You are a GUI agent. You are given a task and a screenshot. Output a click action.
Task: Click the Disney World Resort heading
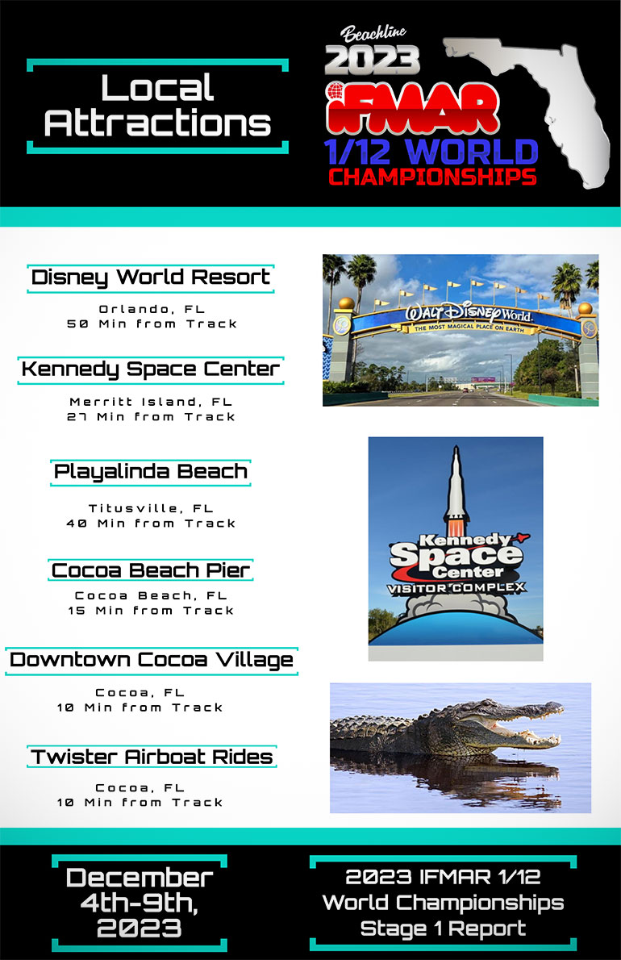(151, 278)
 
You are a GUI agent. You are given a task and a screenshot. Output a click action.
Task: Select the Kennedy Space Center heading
(151, 369)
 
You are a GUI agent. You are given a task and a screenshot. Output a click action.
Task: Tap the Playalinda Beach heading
(151, 472)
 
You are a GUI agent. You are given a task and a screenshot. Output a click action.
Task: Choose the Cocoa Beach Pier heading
(151, 570)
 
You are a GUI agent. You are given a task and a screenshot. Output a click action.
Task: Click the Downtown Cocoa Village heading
(151, 661)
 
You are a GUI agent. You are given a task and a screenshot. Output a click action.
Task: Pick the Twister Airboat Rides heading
(152, 757)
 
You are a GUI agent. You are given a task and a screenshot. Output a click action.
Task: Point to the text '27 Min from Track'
(151, 417)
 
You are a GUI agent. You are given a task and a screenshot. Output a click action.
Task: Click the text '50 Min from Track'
(152, 323)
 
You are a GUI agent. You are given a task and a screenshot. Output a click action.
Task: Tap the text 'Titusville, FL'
(151, 509)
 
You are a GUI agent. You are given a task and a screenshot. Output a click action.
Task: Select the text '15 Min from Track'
(151, 611)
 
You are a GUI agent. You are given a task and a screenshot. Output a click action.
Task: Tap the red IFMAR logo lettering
(412, 108)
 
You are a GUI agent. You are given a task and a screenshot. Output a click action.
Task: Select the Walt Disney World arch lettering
(469, 314)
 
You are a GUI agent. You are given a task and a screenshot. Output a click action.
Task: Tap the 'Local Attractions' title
(158, 106)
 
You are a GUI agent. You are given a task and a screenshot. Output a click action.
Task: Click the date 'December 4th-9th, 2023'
(140, 903)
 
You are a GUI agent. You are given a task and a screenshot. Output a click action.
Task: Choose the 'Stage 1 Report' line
(443, 929)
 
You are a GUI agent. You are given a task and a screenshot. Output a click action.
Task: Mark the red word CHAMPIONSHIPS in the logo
(432, 177)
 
